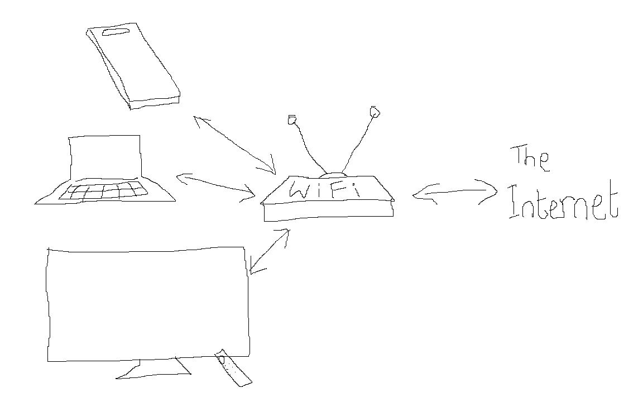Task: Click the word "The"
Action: (x=530, y=160)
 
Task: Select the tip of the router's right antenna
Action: (x=375, y=113)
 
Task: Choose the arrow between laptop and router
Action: (x=215, y=186)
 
